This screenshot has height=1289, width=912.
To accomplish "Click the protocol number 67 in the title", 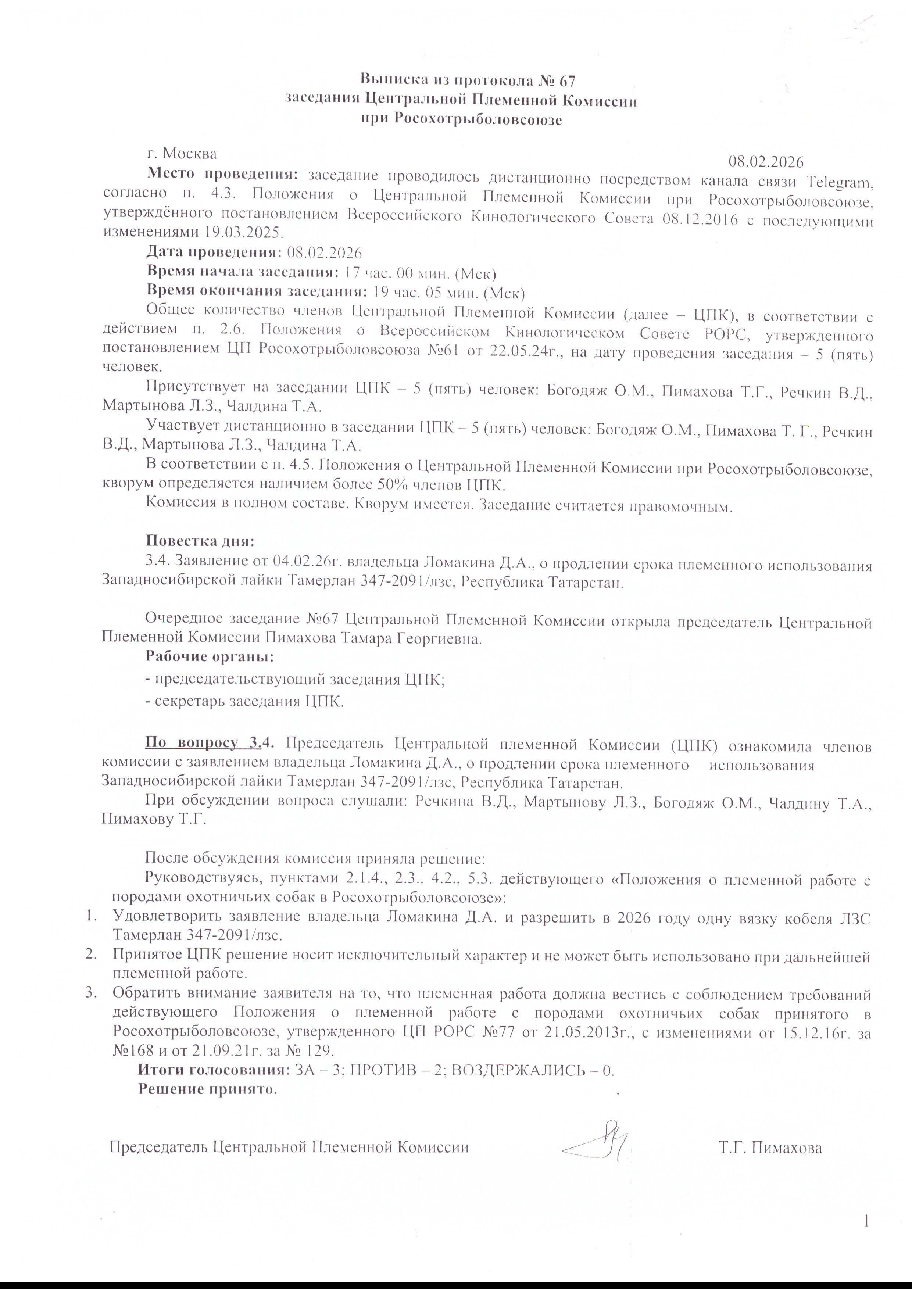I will (568, 81).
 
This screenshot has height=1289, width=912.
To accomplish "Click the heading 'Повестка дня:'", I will (200, 541).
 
